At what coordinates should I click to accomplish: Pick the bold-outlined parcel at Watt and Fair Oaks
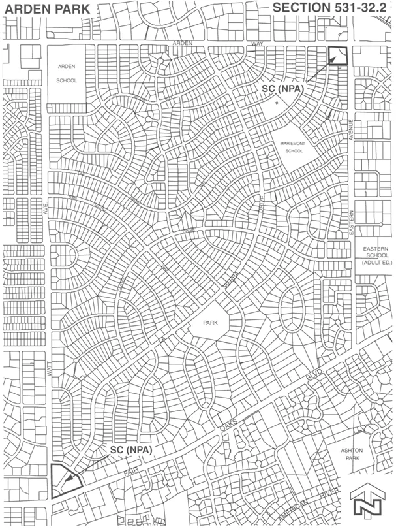pos(64,482)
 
